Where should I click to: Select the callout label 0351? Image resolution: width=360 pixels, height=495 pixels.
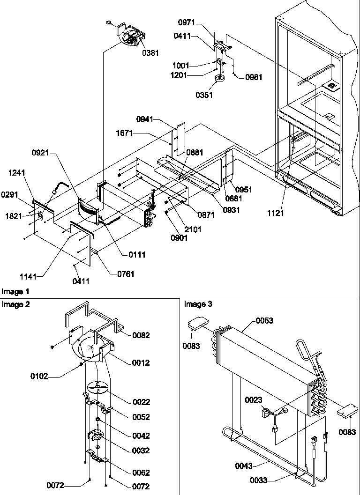click(x=204, y=95)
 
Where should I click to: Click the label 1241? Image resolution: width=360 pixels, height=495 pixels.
click(x=16, y=173)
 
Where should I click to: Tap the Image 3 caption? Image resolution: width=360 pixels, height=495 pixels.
click(x=195, y=304)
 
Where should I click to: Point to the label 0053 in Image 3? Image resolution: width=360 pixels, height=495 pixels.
click(x=265, y=321)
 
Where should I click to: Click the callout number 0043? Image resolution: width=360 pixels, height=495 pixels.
click(x=244, y=465)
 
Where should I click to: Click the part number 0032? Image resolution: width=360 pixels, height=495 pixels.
click(x=141, y=451)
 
